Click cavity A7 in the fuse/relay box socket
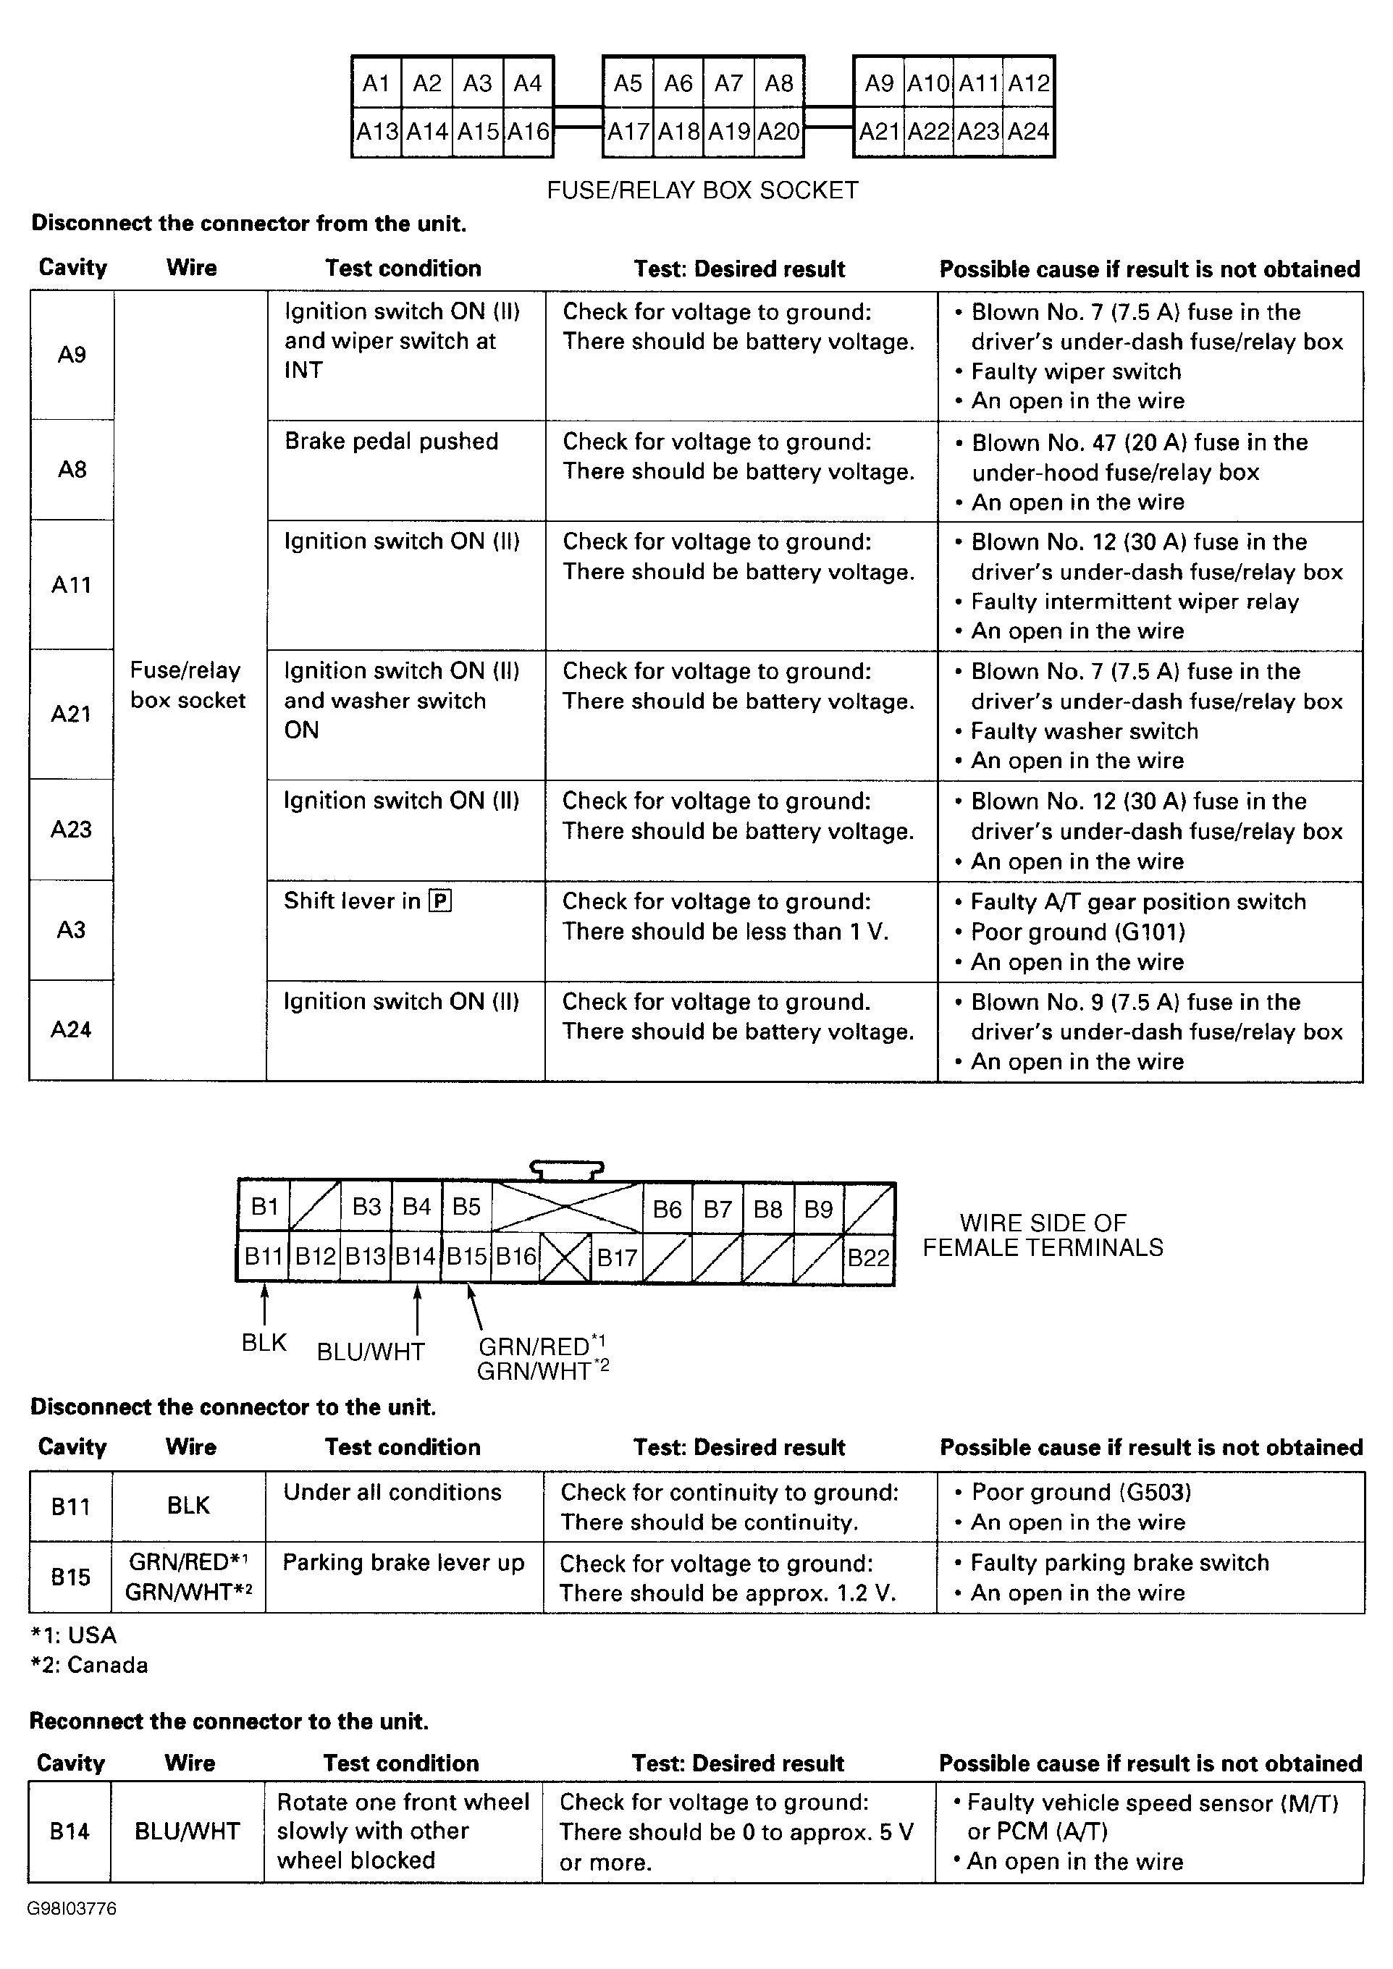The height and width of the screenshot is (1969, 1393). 728,83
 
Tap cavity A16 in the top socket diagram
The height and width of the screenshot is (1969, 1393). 528,132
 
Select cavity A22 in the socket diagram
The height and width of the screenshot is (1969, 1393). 929,132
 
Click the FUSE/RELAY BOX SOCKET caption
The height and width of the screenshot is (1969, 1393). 702,190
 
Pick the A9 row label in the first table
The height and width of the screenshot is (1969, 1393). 72,355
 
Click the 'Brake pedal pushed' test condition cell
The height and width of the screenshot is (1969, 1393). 391,442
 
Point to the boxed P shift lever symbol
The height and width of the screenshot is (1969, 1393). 440,901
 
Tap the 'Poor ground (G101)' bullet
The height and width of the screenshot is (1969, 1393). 1077,932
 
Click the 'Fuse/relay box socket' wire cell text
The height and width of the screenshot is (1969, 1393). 188,686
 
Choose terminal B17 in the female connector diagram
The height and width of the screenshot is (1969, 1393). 617,1258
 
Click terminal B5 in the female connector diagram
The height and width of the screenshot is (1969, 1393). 466,1207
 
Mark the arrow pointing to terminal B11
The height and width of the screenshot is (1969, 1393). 264,1304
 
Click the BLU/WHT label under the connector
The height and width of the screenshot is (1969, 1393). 371,1352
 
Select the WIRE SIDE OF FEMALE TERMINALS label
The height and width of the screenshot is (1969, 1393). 1043,1235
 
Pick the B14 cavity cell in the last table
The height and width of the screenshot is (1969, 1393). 70,1831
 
